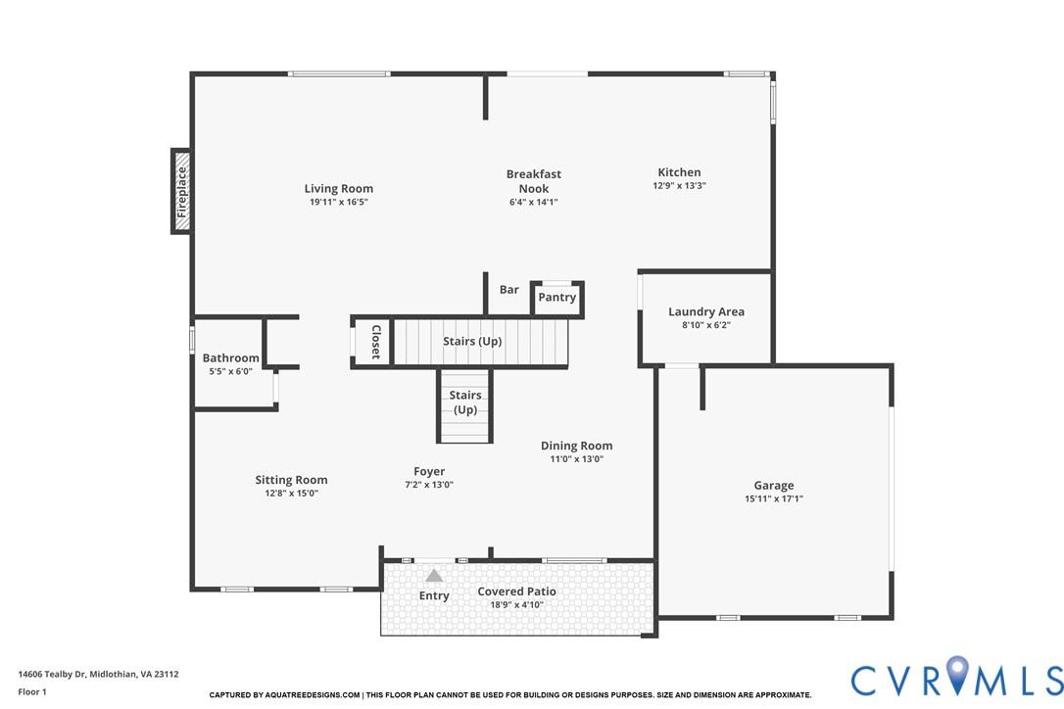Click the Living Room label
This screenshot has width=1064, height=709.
338,189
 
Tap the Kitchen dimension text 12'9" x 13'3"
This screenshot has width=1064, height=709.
679,186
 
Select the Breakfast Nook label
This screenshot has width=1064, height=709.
534,181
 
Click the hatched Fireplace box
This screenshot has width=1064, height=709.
181,191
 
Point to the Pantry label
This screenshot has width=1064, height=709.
557,298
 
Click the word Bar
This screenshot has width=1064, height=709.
509,290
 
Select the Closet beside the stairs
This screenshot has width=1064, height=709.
374,343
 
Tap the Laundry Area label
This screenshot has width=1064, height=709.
705,312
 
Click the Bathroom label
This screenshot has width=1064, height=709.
230,358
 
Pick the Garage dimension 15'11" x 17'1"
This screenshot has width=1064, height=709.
773,499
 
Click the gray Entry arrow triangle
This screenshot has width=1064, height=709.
434,576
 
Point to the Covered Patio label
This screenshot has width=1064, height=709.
516,591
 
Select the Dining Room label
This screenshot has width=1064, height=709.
576,446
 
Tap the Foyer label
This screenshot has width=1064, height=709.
429,472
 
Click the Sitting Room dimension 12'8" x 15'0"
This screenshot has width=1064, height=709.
291,494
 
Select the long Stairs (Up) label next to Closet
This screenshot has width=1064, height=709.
472,342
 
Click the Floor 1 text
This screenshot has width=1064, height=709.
32,692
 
